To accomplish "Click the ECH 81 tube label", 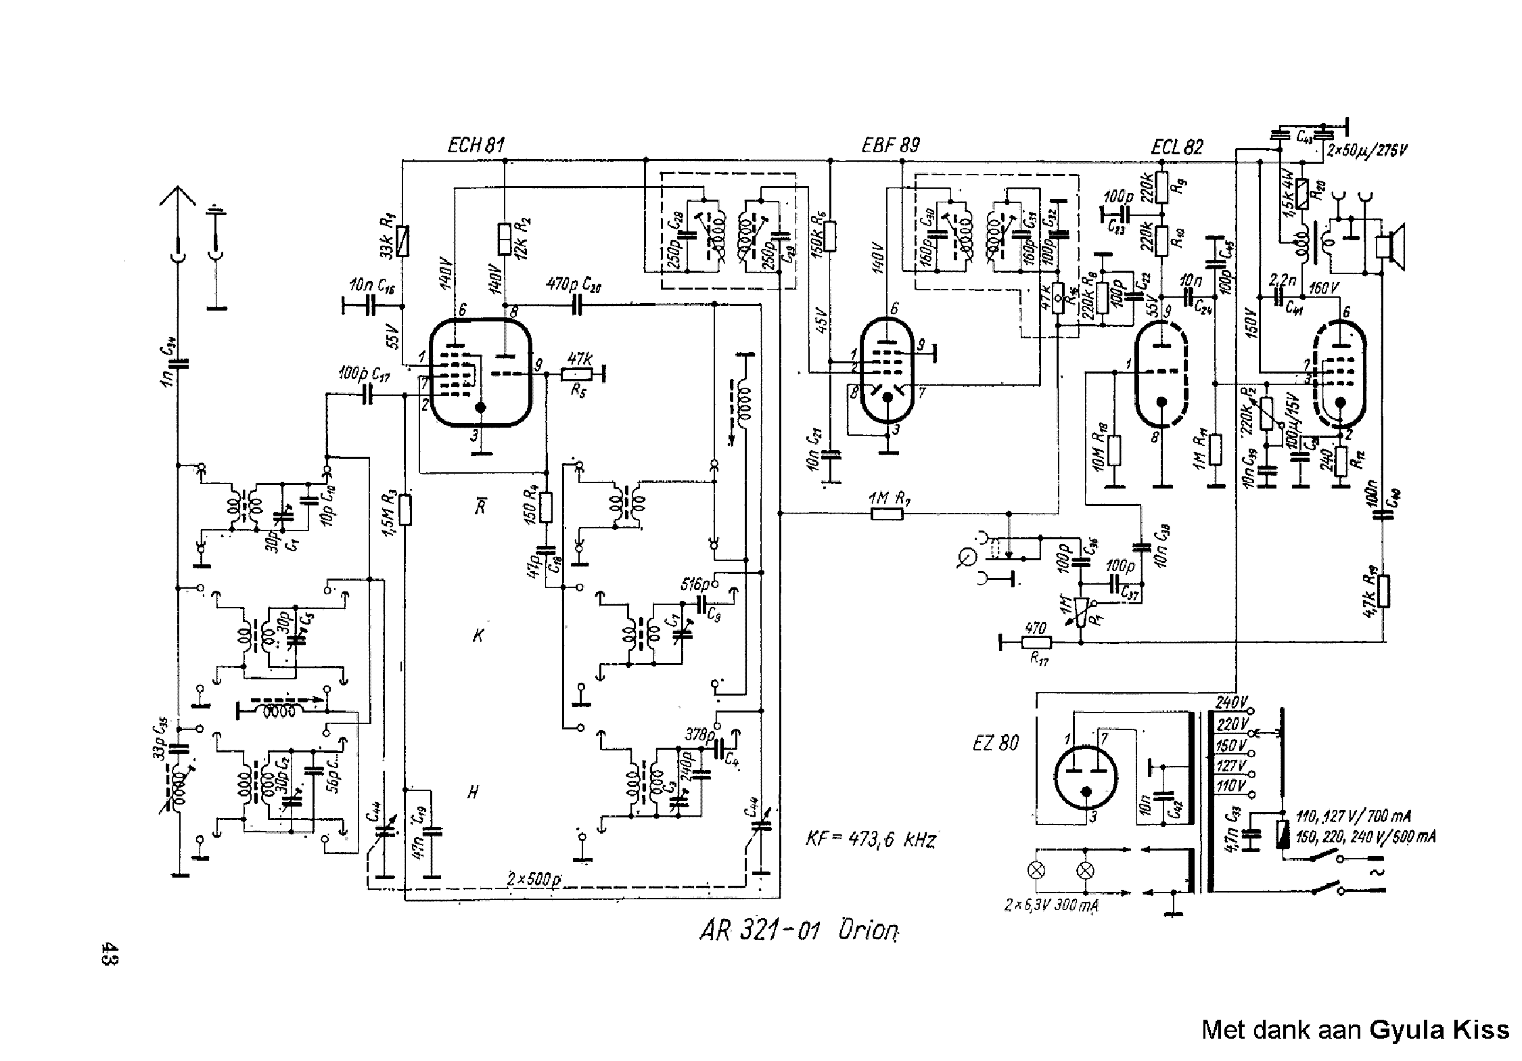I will click(x=476, y=145).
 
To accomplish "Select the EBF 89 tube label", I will click(x=891, y=145).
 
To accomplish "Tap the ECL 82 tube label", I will click(x=1177, y=148).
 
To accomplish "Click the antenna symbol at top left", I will click(x=177, y=198).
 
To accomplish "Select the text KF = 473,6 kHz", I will click(x=870, y=841).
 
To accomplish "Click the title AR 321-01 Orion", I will click(x=799, y=932).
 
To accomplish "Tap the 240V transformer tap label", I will click(x=1232, y=702).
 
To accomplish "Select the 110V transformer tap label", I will click(x=1231, y=786).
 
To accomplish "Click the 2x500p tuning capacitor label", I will click(x=536, y=878).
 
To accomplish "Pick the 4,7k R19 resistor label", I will click(x=1368, y=595).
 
